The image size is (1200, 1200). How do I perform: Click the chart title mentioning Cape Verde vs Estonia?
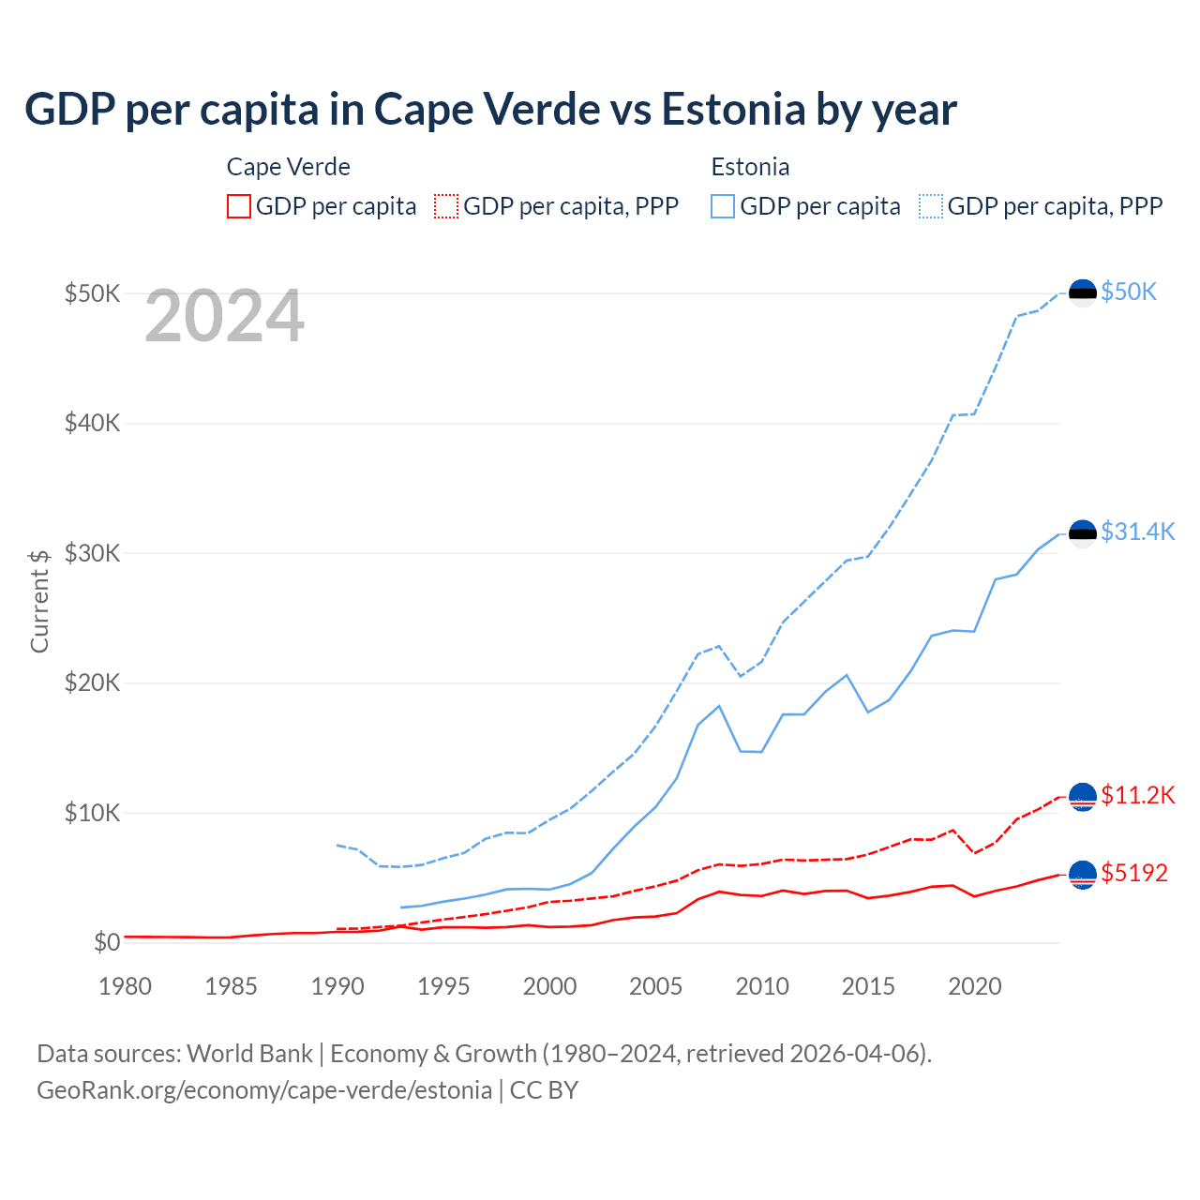point(490,110)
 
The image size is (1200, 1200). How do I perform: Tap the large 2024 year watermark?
point(225,317)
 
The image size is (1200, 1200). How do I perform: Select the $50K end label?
point(1129,292)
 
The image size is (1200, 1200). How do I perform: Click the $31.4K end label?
point(1137,532)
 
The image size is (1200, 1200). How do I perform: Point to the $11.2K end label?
point(1137,796)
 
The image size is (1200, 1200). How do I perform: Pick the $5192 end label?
point(1134,874)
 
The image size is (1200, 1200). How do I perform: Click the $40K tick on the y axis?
point(93,423)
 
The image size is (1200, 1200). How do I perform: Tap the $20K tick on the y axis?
point(93,682)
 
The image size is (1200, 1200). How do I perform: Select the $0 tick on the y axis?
point(107,942)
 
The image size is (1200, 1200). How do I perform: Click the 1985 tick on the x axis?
point(232,986)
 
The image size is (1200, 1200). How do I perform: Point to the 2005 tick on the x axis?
point(656,986)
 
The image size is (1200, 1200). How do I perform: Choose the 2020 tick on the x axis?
point(975,986)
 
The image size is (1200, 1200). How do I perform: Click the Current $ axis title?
point(39,601)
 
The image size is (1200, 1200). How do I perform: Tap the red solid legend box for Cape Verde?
point(239,206)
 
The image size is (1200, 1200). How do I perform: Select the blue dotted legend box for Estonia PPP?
point(931,206)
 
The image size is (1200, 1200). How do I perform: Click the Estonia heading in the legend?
point(750,167)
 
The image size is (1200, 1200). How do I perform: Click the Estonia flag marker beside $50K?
point(1083,292)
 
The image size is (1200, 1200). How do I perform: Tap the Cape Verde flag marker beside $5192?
point(1083,875)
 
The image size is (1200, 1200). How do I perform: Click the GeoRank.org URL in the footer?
point(264,1090)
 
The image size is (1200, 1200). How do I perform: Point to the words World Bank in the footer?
point(249,1054)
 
